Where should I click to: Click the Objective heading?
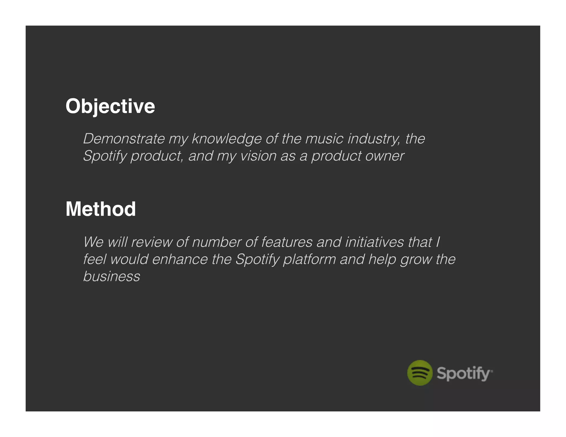click(110, 106)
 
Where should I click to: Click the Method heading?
click(101, 209)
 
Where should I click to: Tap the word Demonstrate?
click(124, 139)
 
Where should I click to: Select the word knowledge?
click(227, 139)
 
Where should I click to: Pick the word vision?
click(258, 156)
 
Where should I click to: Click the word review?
click(151, 242)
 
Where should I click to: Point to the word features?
click(287, 242)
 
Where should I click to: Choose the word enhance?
click(180, 259)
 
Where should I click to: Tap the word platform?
click(310, 259)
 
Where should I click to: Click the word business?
click(112, 277)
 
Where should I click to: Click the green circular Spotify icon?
click(420, 373)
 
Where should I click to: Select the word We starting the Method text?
click(93, 242)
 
